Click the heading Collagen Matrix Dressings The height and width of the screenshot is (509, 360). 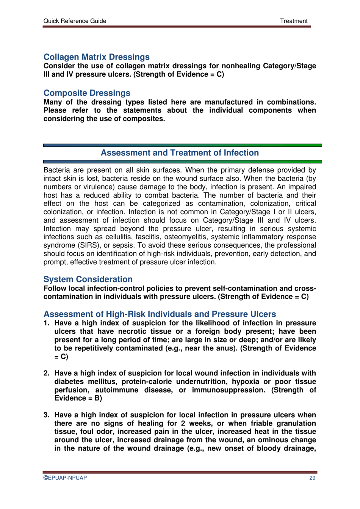coord(96,57)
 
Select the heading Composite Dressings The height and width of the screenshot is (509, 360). coord(87,93)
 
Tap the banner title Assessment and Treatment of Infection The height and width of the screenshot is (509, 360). coord(180,153)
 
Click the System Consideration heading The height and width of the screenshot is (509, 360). coord(88,280)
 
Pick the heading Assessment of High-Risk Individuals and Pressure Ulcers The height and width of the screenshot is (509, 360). coord(160,314)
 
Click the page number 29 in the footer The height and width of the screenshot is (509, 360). coord(312,478)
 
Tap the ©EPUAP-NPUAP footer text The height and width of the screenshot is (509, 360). coord(65,478)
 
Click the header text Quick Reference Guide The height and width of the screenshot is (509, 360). coord(75,21)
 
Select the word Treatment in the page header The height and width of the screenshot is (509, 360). coord(294,21)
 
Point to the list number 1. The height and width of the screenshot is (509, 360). coord(46,323)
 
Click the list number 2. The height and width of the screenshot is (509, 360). coord(46,373)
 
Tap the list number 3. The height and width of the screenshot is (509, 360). coord(46,415)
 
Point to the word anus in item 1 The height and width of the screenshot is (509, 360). coord(227,348)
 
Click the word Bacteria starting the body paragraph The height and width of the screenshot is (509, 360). coord(57,170)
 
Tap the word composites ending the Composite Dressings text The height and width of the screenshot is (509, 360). coord(147,119)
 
